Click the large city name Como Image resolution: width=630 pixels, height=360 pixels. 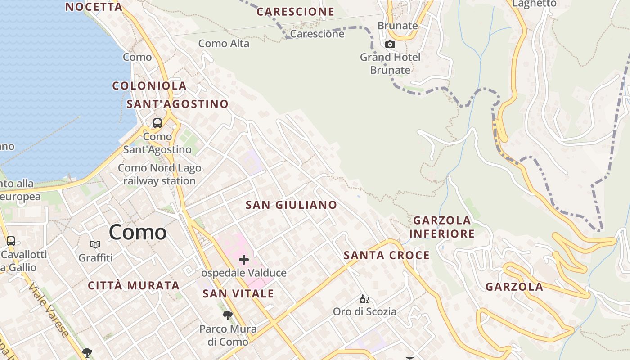(x=138, y=232)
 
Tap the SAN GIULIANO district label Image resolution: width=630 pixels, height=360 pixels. (x=291, y=205)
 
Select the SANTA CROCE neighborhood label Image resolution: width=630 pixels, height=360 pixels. (x=387, y=256)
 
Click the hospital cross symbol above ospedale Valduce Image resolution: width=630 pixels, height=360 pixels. (x=244, y=260)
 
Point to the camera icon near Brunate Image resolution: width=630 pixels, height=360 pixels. (x=390, y=44)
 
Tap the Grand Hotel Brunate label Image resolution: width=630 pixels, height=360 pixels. (x=390, y=63)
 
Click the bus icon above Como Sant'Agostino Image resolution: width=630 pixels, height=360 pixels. (x=157, y=123)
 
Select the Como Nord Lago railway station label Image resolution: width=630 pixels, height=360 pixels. (x=159, y=175)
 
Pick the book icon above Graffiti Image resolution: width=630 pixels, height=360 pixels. (x=95, y=245)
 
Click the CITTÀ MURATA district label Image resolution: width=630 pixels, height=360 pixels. (x=134, y=286)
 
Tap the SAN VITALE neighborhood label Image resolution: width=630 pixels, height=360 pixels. (x=238, y=294)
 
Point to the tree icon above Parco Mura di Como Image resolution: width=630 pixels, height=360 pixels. (x=228, y=315)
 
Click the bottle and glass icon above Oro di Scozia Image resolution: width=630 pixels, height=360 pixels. (x=364, y=299)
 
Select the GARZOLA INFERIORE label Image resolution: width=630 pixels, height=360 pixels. (x=442, y=227)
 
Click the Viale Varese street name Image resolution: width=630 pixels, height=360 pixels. (x=49, y=310)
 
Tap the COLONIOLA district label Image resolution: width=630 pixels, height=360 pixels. (x=149, y=86)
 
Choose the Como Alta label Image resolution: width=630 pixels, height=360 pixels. (x=224, y=44)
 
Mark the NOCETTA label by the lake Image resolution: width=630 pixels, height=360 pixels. (x=94, y=7)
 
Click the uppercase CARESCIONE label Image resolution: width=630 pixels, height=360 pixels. (x=296, y=12)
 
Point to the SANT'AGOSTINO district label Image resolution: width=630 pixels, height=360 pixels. (x=177, y=104)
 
